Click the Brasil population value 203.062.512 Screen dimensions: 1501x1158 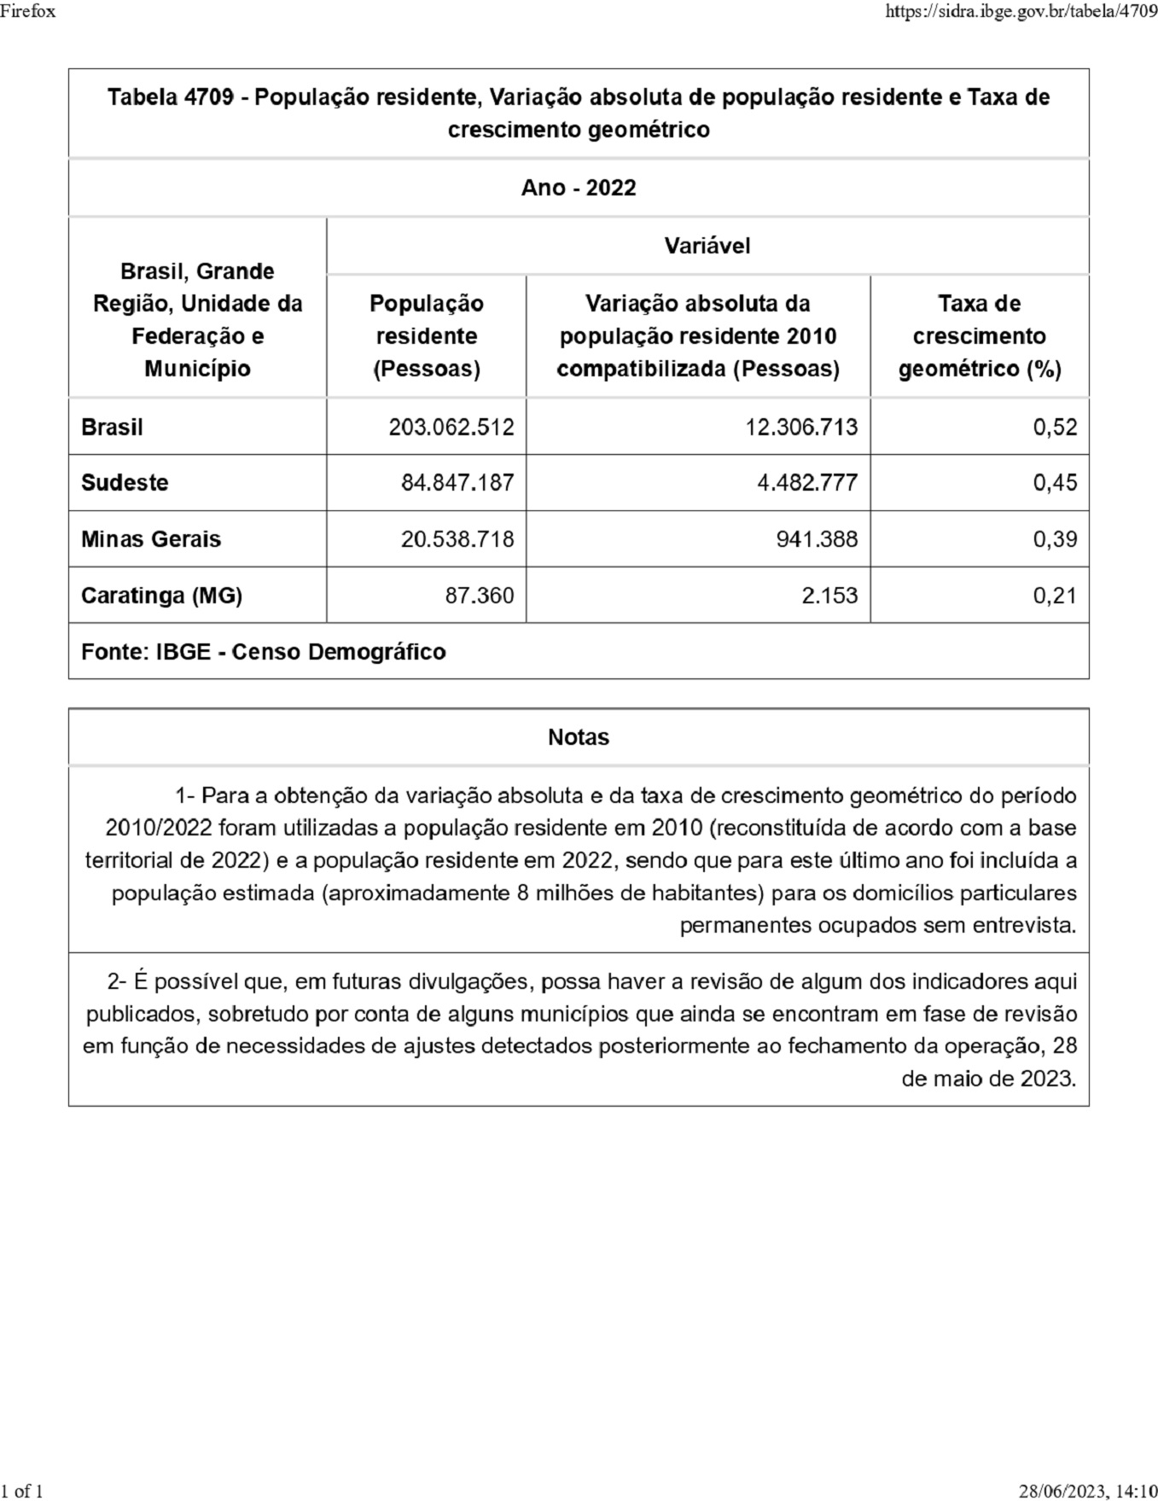click(451, 427)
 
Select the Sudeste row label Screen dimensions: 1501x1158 click(125, 483)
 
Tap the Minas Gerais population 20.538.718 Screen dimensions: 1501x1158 click(457, 539)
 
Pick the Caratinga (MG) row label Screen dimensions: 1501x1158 click(161, 596)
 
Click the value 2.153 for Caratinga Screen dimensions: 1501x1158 click(829, 596)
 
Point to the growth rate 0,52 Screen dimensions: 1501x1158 click(1055, 427)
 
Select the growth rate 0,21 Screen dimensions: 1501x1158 click(1055, 596)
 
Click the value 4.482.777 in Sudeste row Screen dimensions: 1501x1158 click(807, 483)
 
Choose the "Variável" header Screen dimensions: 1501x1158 click(707, 247)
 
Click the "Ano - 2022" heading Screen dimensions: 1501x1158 click(579, 188)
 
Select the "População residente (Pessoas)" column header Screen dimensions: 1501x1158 click(426, 336)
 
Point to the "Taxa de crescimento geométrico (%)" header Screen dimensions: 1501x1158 click(980, 336)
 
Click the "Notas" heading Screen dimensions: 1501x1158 click(579, 737)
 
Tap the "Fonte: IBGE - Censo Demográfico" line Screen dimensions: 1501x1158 click(263, 652)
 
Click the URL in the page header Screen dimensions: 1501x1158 click(1021, 11)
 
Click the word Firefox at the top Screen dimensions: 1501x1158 click(28, 11)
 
